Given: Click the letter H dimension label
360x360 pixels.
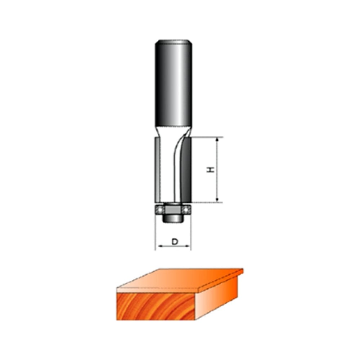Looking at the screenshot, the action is pyautogui.click(x=210, y=170).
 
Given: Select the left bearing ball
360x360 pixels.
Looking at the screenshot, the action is pyautogui.click(x=159, y=210).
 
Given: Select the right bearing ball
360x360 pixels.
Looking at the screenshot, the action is pyautogui.click(x=186, y=210).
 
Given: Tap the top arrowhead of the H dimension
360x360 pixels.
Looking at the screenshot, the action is pyautogui.click(x=217, y=140).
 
